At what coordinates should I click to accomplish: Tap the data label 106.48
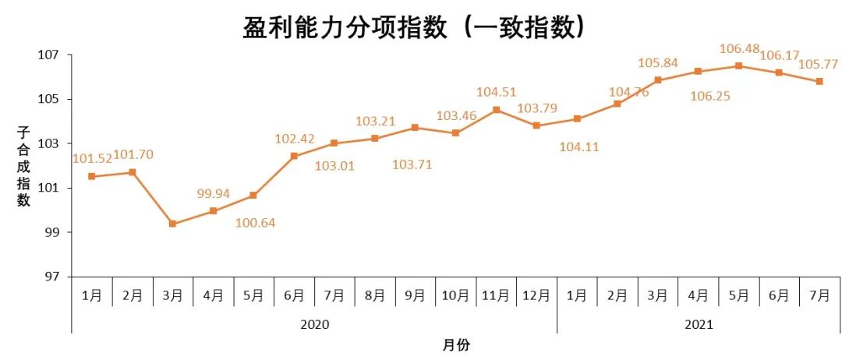pyautogui.click(x=738, y=50)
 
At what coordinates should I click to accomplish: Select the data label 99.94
pyautogui.click(x=213, y=193)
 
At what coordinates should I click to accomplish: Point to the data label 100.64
pyautogui.click(x=256, y=223)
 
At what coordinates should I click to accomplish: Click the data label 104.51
pyautogui.click(x=497, y=92)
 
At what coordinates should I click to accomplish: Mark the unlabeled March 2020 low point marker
pyautogui.click(x=172, y=224)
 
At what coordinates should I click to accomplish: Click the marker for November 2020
pyautogui.click(x=497, y=110)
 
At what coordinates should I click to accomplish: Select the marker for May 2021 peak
pyautogui.click(x=738, y=65)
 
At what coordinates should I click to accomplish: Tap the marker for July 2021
pyautogui.click(x=819, y=81)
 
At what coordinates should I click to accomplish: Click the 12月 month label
pyautogui.click(x=536, y=295)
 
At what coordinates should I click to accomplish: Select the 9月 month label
pyautogui.click(x=416, y=295)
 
